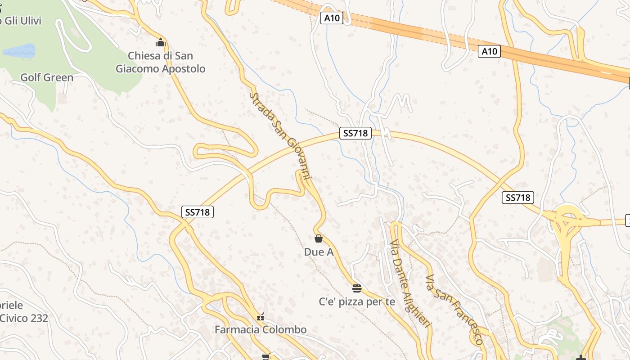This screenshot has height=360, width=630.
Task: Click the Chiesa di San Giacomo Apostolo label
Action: [x=160, y=62]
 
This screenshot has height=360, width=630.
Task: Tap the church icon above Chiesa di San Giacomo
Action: [x=161, y=43]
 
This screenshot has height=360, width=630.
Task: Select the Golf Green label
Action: [x=47, y=77]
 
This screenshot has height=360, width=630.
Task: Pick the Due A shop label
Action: [x=319, y=252]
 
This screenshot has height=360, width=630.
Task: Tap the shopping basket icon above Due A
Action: [x=319, y=238]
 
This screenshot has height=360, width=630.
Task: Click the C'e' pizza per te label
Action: [x=357, y=301]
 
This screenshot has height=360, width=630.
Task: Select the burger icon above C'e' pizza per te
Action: [x=357, y=288]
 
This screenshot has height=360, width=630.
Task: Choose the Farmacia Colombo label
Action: [x=261, y=329]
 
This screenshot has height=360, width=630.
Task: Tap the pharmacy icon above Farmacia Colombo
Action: [x=261, y=317]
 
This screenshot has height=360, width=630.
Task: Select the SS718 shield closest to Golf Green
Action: [x=198, y=212]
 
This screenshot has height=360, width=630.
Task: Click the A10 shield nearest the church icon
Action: [x=333, y=18]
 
